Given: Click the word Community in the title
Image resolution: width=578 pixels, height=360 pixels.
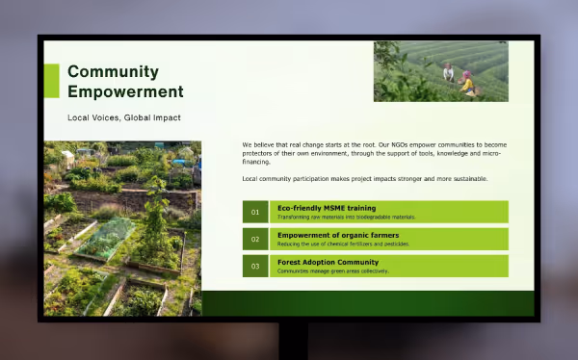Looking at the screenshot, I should click(113, 72).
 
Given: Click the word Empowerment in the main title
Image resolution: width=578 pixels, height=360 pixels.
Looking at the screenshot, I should click(125, 92).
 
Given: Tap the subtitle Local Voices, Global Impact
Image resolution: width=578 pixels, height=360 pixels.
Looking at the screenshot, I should click(124, 117).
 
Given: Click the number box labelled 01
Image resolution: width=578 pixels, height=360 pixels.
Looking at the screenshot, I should click(255, 212).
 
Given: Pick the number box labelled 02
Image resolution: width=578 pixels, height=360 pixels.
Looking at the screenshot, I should click(255, 239).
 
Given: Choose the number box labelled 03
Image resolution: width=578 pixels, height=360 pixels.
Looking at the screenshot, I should click(255, 266).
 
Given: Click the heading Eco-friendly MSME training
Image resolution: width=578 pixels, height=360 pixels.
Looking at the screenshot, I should click(327, 208).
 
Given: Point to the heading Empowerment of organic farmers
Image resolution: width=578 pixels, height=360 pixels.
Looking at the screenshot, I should click(338, 235).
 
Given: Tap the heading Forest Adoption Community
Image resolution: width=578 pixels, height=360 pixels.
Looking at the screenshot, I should click(328, 262).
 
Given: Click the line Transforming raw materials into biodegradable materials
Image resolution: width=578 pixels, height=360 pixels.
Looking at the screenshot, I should click(346, 218).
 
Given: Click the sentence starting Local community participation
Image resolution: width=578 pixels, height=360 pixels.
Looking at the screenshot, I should click(364, 179).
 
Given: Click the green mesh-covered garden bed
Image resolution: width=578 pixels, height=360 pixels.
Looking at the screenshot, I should click(106, 237).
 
